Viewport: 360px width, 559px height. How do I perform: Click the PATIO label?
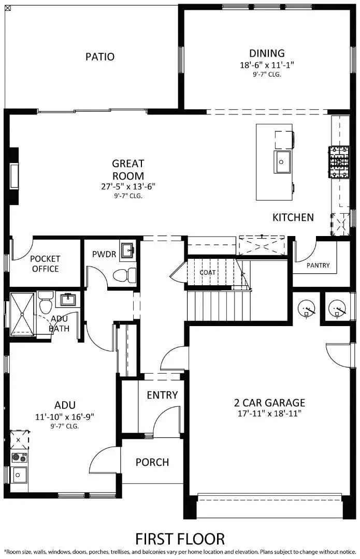click(100, 57)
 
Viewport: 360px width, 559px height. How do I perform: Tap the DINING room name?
click(267, 53)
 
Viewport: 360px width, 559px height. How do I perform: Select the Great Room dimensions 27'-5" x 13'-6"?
click(128, 186)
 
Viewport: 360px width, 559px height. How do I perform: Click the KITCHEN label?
click(293, 217)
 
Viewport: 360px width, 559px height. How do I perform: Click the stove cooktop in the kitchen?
click(338, 161)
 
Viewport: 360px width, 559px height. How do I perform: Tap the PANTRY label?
click(318, 266)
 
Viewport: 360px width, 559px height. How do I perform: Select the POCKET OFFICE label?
click(45, 263)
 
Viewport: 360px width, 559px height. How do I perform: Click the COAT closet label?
click(208, 272)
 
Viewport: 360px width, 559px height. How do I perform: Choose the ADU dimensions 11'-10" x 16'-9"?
click(65, 416)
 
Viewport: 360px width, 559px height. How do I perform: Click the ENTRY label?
click(162, 395)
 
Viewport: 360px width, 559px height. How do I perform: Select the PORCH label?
click(152, 462)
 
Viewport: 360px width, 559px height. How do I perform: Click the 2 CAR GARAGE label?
click(269, 403)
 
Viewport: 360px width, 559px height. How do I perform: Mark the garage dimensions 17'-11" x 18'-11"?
click(269, 414)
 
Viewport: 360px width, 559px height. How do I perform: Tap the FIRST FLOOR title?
click(180, 539)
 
